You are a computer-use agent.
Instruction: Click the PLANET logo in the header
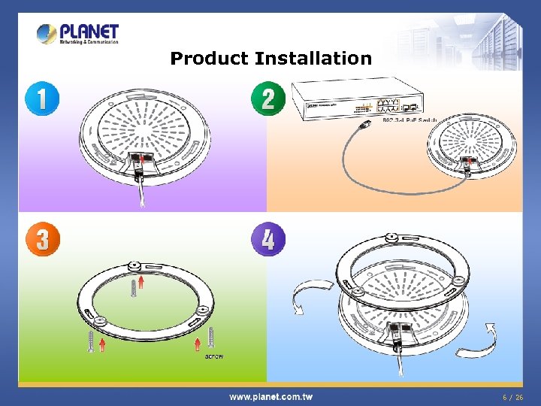[78, 34]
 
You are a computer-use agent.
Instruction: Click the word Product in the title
[210, 59]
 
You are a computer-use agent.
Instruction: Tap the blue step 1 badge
[42, 98]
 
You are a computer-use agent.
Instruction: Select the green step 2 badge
[267, 98]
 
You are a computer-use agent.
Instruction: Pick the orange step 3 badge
[42, 240]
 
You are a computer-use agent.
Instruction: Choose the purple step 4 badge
[267, 240]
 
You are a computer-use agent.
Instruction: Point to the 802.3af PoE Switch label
[410, 120]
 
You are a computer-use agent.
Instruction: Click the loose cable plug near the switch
[367, 123]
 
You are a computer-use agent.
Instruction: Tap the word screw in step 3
[214, 355]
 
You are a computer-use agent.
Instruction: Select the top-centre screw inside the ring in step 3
[132, 287]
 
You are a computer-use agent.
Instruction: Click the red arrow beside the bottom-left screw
[102, 346]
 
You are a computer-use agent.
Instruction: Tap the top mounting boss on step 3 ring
[134, 266]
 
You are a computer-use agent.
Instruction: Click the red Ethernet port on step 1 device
[143, 158]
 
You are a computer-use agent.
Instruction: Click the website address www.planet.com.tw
[270, 397]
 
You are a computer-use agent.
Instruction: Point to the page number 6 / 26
[513, 397]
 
